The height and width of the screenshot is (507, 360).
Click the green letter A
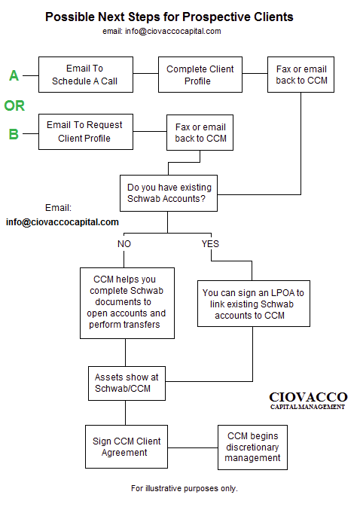(14, 75)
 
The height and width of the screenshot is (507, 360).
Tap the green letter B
(14, 134)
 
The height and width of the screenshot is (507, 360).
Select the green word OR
(14, 105)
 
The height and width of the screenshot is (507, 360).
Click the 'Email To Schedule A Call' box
(86, 75)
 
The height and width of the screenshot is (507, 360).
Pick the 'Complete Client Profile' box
(200, 75)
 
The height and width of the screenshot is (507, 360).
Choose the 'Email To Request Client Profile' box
(86, 132)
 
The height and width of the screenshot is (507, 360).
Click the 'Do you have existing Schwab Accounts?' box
(169, 194)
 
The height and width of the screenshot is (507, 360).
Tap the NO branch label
(124, 244)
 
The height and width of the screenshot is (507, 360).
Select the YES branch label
(210, 244)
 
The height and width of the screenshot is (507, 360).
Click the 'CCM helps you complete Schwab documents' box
(127, 303)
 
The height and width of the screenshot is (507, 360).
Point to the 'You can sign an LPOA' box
(254, 304)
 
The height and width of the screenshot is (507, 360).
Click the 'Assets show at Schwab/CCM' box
(127, 383)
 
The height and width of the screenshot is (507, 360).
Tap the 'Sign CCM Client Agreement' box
(127, 447)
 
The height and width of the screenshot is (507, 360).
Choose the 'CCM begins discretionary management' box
(252, 447)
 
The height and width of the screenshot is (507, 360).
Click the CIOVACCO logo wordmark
(308, 401)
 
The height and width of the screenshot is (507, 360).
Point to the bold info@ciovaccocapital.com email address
(63, 222)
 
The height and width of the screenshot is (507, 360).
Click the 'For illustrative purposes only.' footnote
(185, 488)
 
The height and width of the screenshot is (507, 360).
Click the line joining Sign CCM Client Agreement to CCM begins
(193, 447)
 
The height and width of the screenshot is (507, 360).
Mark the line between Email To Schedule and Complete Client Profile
(146, 73)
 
